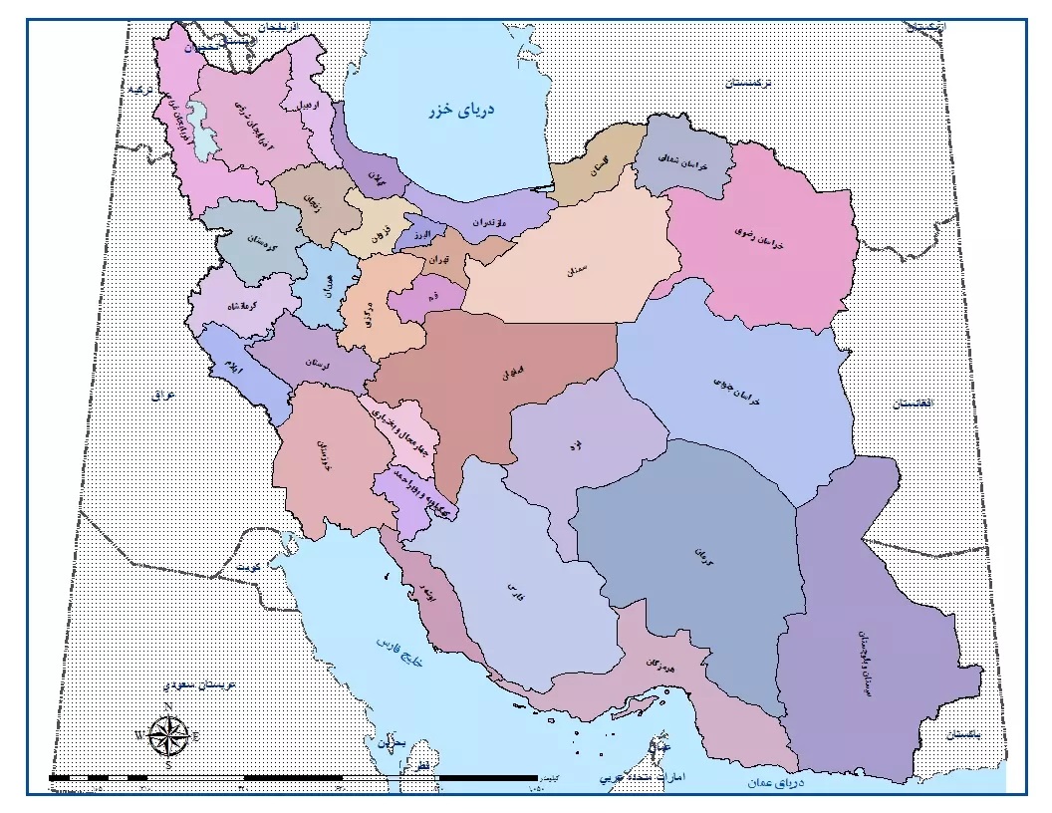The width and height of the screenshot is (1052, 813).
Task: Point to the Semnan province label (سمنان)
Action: pos(577,269)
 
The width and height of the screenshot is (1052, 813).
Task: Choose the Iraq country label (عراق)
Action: pos(163,396)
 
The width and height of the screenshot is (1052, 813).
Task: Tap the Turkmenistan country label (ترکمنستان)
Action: pos(749,84)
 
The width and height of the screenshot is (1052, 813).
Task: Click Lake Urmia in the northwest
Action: pos(205,140)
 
